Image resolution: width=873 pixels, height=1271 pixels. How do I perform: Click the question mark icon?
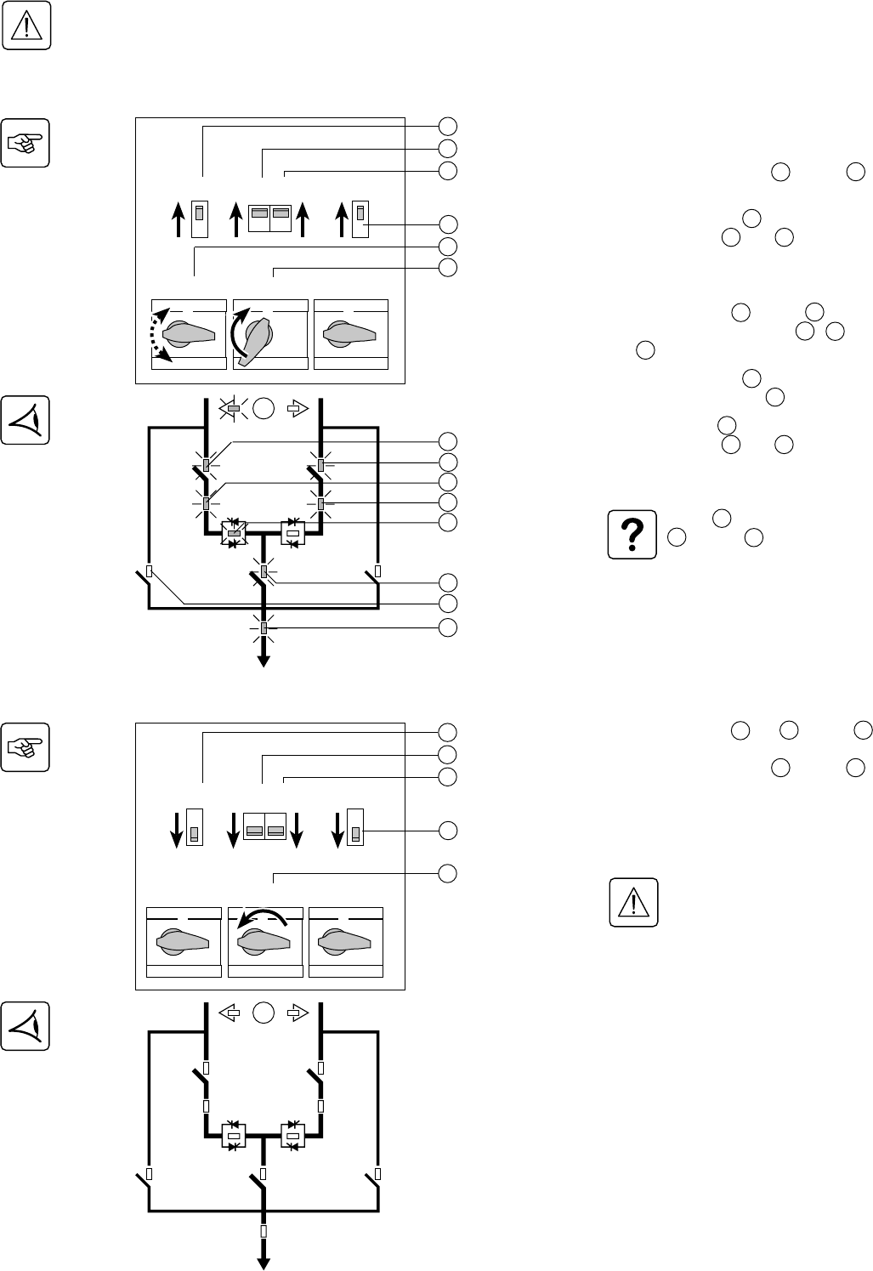pos(633,535)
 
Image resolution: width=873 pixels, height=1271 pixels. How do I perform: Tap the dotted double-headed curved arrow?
pos(159,334)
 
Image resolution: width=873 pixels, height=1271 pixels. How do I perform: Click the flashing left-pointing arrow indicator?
pos(233,409)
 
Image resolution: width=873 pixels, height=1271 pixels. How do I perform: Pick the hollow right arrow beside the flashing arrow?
pos(295,409)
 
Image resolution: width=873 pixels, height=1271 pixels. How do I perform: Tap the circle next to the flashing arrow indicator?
pos(264,409)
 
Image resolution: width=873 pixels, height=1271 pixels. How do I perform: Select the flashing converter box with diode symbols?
pos(234,534)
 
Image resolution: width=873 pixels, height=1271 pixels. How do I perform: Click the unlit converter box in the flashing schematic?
pos(293,534)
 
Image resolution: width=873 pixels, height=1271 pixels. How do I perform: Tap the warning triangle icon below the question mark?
pos(633,902)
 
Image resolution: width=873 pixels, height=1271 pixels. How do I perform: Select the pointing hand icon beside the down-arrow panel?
pos(26,747)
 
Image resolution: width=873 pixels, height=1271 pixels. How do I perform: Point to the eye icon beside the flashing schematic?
pos(26,420)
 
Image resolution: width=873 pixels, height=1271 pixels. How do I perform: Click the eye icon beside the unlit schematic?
pos(26,1026)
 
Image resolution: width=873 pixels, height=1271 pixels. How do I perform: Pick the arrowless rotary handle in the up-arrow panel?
pos(350,334)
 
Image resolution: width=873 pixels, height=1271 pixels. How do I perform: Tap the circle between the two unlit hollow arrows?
pos(264,1013)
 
